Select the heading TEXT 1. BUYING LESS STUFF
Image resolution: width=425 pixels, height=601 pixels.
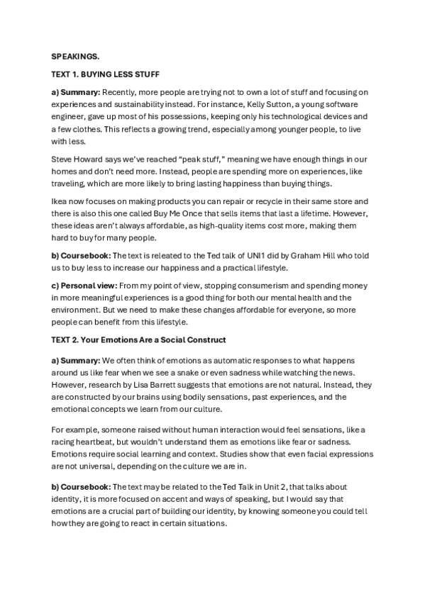pyautogui.click(x=106, y=74)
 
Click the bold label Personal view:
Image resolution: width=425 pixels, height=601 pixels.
pyautogui.click(x=81, y=286)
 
